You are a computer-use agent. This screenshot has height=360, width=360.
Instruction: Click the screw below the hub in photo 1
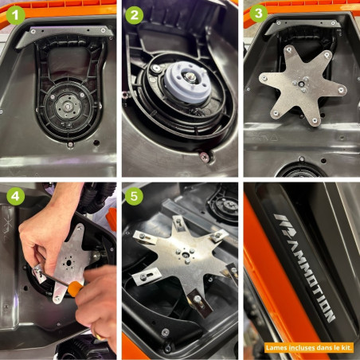point(70,144)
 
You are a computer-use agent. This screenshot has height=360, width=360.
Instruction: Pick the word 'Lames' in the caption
point(275,346)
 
